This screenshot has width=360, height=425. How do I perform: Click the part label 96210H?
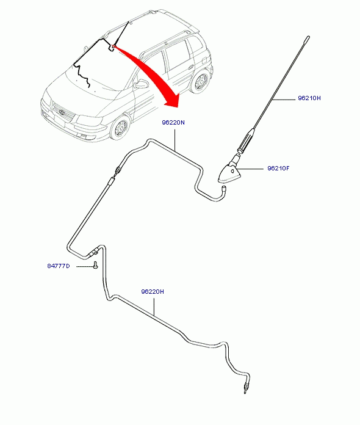309,98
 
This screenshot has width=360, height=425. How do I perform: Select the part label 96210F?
278,169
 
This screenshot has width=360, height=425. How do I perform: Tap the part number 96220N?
173,123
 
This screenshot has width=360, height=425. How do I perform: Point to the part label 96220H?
152,292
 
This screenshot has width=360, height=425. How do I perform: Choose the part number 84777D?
58,266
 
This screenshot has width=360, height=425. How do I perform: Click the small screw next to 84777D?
95,266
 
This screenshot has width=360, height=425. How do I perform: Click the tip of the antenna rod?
308,37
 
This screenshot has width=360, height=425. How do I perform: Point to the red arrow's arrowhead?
173,100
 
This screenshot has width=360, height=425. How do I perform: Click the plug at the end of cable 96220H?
246,388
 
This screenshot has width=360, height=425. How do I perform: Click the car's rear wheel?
201,80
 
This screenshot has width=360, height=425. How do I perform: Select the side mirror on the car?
142,84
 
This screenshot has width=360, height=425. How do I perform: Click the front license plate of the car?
59,121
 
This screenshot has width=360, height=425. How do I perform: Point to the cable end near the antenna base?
224,188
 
